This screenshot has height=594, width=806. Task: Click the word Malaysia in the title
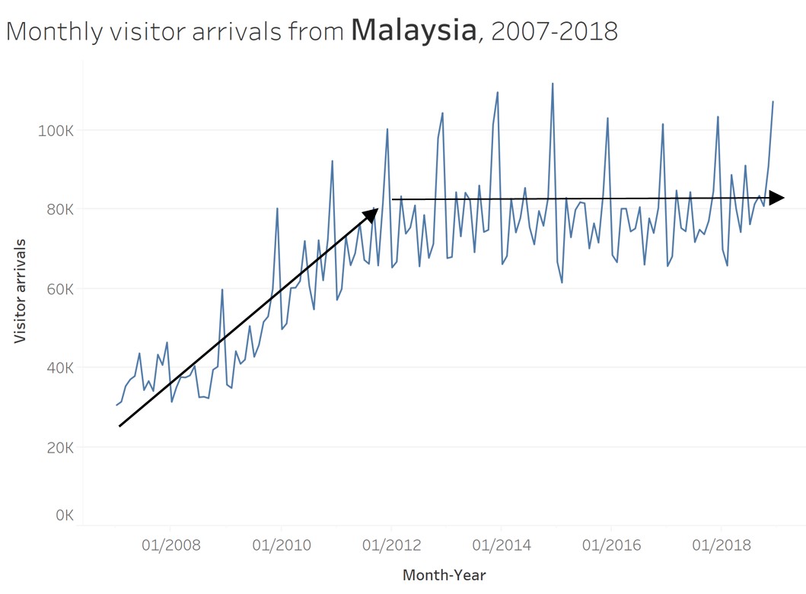(x=415, y=30)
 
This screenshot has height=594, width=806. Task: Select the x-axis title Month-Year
(x=444, y=575)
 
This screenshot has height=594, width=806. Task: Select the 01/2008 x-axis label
(x=170, y=545)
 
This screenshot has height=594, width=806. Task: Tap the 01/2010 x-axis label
(x=281, y=545)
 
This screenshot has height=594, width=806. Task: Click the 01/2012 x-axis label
(x=391, y=545)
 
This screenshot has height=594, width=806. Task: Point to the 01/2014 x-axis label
(x=501, y=545)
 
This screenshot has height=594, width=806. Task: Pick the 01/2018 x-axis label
(x=721, y=545)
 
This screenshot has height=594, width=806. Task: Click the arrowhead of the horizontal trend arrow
(x=777, y=198)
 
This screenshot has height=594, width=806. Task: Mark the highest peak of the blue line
(x=553, y=84)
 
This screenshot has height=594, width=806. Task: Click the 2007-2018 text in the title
(x=555, y=31)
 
